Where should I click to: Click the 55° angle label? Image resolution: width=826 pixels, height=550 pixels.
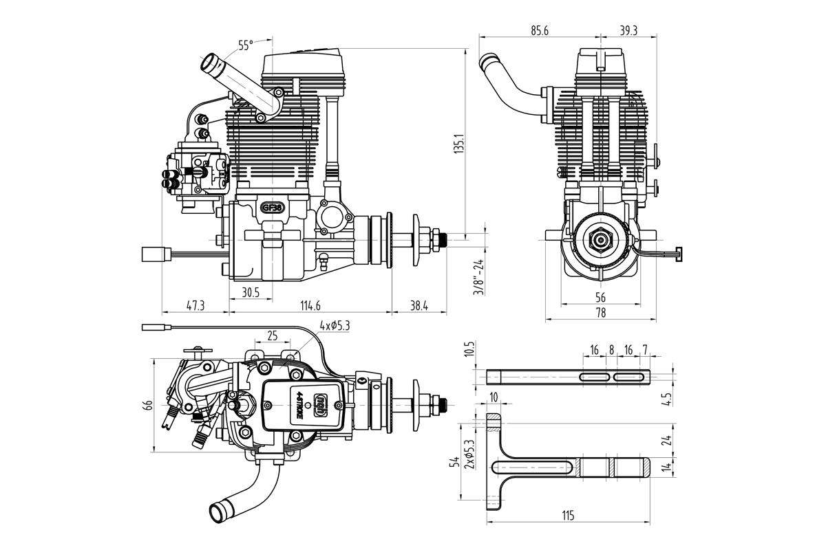point(246,45)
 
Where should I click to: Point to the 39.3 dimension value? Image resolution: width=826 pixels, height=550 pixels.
point(628,30)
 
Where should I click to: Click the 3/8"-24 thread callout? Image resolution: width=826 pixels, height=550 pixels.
point(478,276)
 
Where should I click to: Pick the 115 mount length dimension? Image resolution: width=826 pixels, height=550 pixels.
point(568,516)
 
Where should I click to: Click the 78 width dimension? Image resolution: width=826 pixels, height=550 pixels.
point(600,313)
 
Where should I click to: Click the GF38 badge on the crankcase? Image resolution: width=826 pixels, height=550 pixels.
point(272,206)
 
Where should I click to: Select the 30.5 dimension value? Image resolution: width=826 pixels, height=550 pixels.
point(251,292)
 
